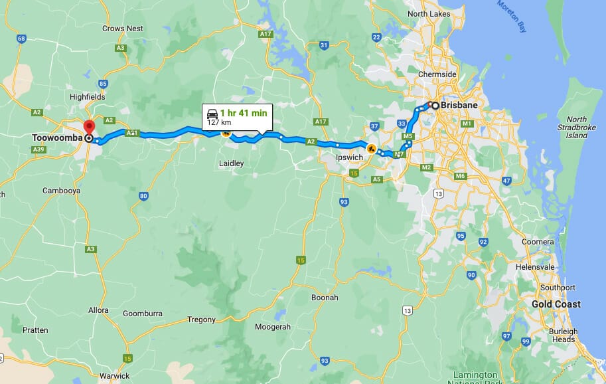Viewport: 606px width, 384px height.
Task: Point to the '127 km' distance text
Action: coord(218,123)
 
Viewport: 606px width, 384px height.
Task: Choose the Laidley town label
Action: coord(231,163)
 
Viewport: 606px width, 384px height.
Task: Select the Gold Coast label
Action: coord(556,304)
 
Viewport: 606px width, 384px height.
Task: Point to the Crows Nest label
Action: coord(123,29)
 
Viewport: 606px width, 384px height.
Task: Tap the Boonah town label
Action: coord(325,298)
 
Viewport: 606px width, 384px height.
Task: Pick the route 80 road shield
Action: coord(143,196)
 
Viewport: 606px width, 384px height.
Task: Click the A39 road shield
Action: coord(38,149)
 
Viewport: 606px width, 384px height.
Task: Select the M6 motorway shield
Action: coord(461,176)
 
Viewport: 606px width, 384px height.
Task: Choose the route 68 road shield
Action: coord(21,39)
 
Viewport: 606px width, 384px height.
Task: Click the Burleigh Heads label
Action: coord(563,336)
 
